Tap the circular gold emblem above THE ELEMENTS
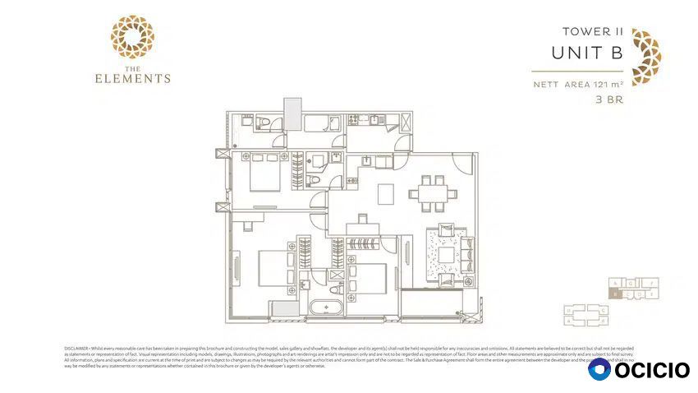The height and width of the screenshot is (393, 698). [132, 37]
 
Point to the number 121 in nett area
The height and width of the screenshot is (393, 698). [604, 85]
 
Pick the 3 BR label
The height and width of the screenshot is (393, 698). [609, 100]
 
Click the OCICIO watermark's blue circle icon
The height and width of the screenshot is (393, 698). [599, 370]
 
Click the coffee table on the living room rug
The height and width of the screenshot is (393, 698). [444, 254]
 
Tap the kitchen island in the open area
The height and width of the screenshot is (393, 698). [386, 193]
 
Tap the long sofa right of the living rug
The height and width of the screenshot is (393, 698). [470, 255]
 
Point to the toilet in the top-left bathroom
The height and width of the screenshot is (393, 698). [262, 124]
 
